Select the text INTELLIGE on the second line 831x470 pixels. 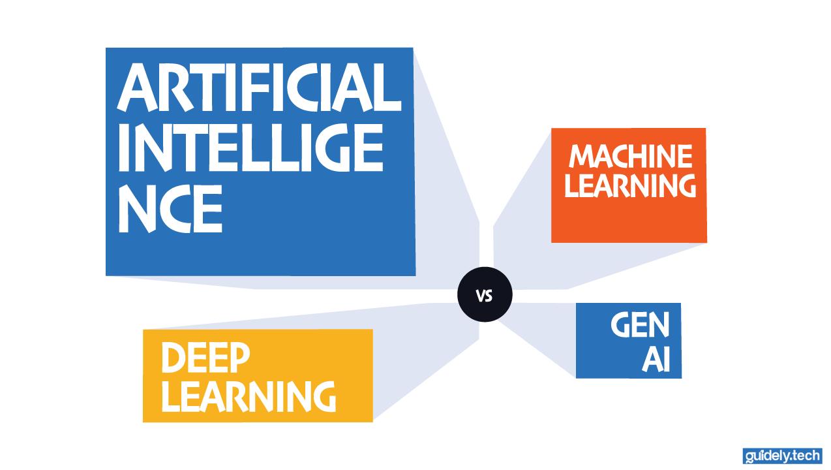tap(250, 149)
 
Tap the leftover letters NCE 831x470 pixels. tap(170, 209)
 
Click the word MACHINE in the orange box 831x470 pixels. tap(630, 157)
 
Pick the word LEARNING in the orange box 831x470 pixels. tap(630, 185)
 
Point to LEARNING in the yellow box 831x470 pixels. tap(249, 396)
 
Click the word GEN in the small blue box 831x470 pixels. tap(640, 324)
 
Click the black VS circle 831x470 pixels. tap(485, 294)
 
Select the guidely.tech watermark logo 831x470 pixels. tap(782, 456)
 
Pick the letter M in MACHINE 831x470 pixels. tap(583, 157)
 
